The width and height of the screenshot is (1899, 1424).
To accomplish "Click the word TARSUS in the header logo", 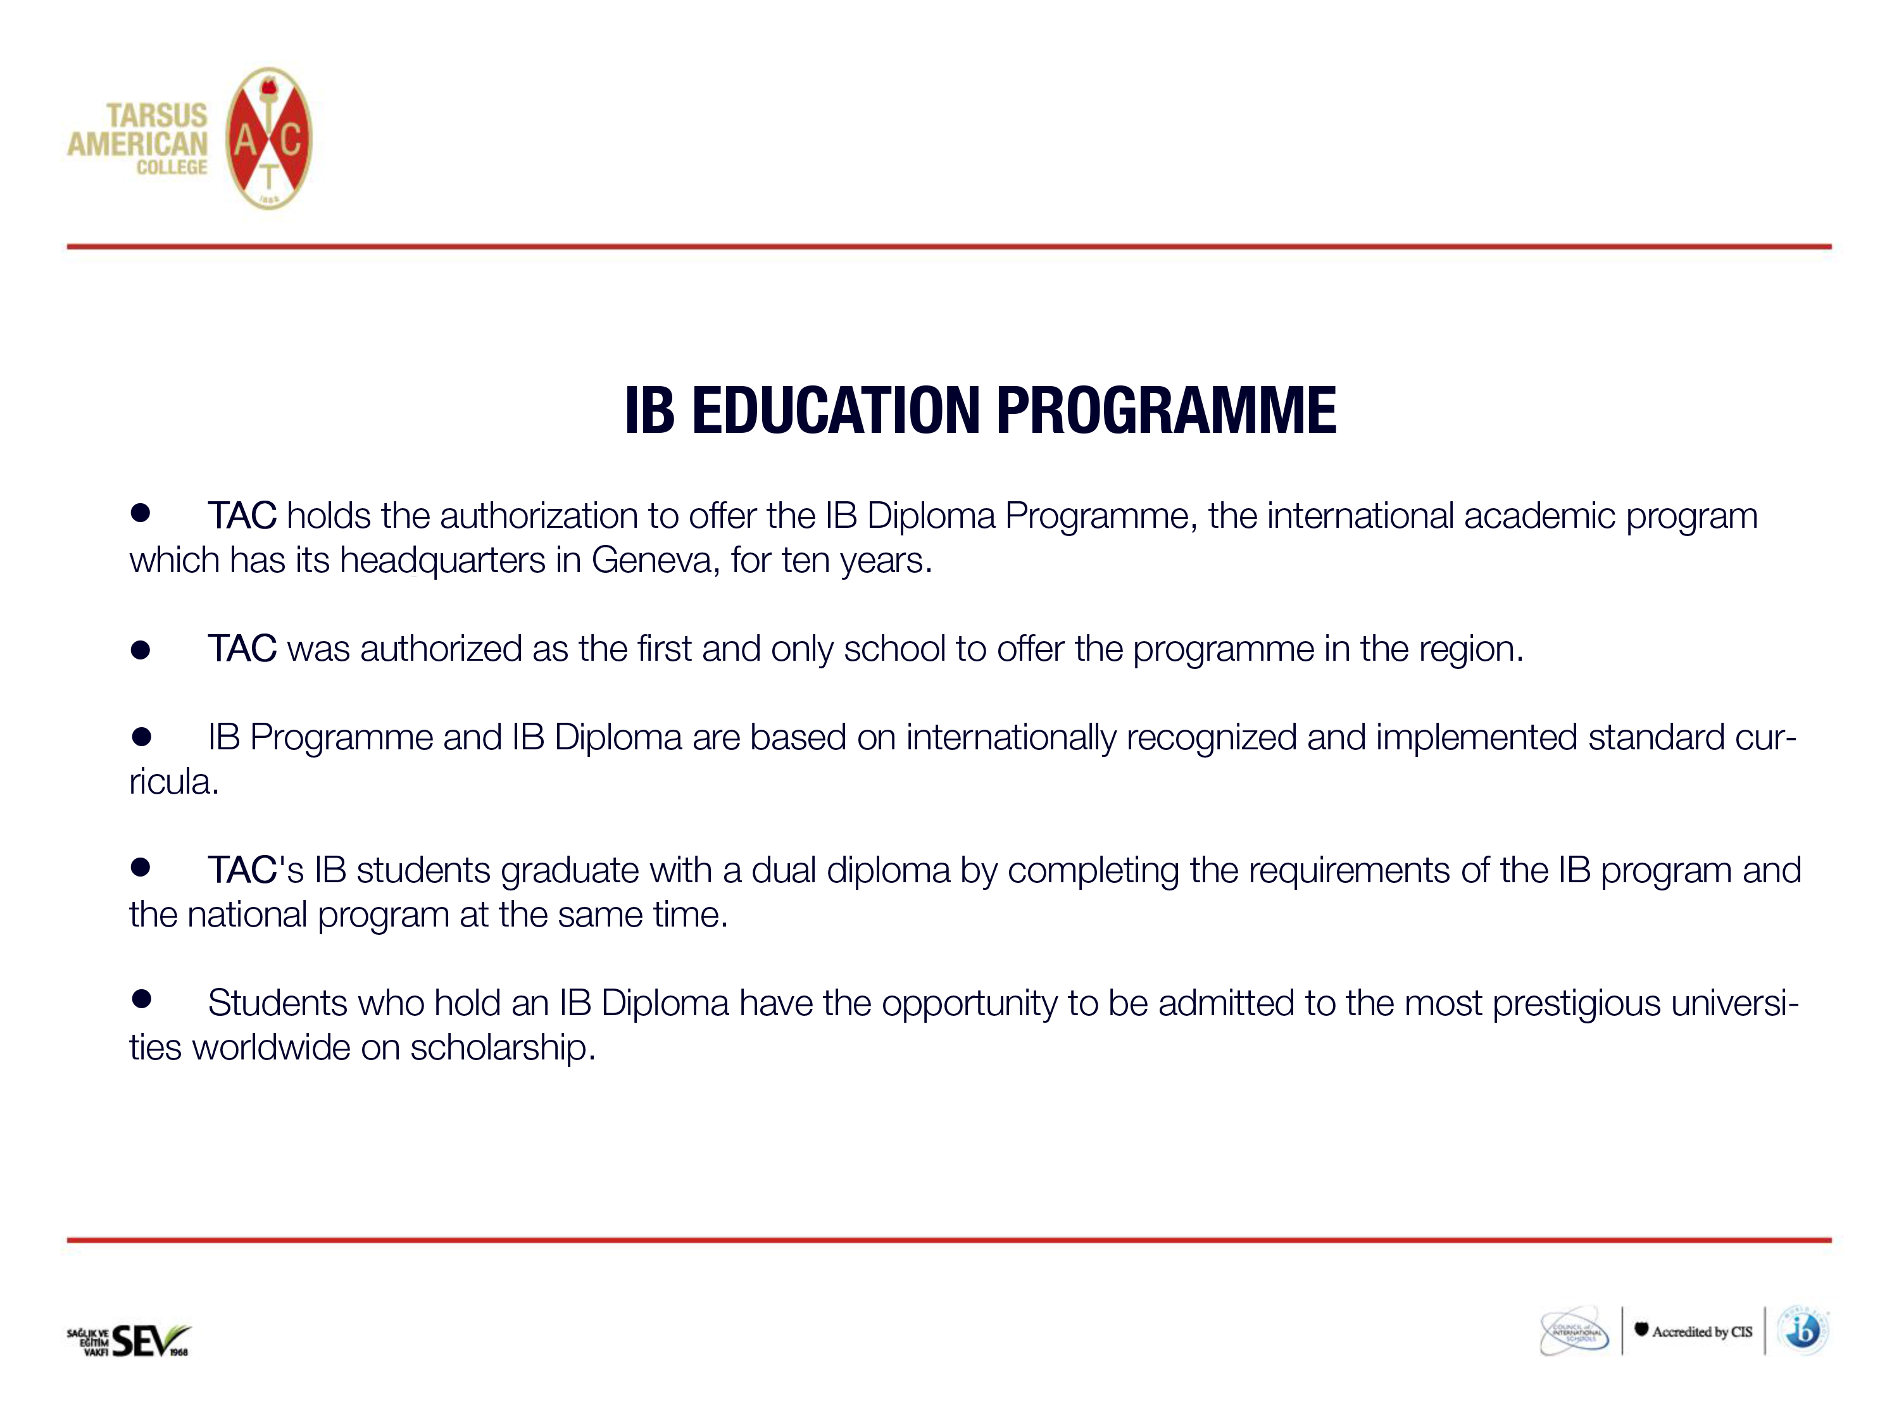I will (156, 115).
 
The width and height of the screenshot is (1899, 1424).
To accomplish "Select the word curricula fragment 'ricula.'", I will (174, 782).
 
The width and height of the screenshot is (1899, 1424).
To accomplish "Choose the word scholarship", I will (502, 1048).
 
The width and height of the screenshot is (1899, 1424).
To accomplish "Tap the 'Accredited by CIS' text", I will (1702, 1332).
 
